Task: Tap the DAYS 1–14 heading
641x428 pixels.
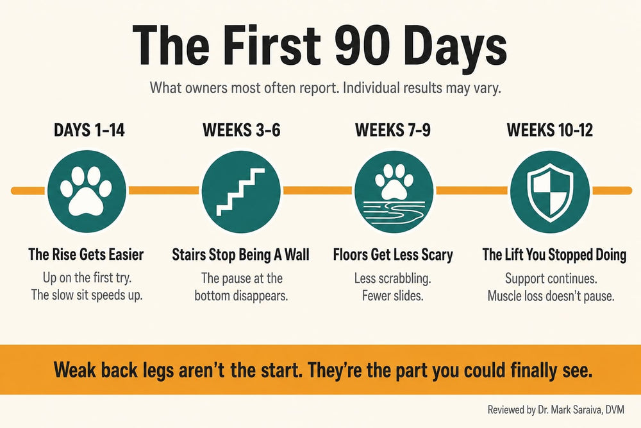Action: (89, 130)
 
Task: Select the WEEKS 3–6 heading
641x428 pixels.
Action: (242, 130)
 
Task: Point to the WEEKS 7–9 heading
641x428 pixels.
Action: (393, 130)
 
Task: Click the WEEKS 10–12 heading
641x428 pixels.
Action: (550, 130)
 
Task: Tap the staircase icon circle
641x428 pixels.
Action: (241, 191)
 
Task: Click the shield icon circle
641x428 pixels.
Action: (550, 191)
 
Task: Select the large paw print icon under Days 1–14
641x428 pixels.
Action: (87, 191)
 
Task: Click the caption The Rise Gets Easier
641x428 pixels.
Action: (86, 255)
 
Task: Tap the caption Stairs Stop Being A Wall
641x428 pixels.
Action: (240, 255)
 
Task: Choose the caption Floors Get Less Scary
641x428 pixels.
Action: (393, 255)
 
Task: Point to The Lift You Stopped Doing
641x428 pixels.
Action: (554, 255)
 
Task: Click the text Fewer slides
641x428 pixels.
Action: (392, 295)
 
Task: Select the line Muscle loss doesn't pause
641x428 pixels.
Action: (551, 295)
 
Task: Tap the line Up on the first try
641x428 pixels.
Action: (87, 278)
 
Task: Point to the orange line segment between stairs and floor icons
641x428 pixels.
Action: (318, 191)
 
